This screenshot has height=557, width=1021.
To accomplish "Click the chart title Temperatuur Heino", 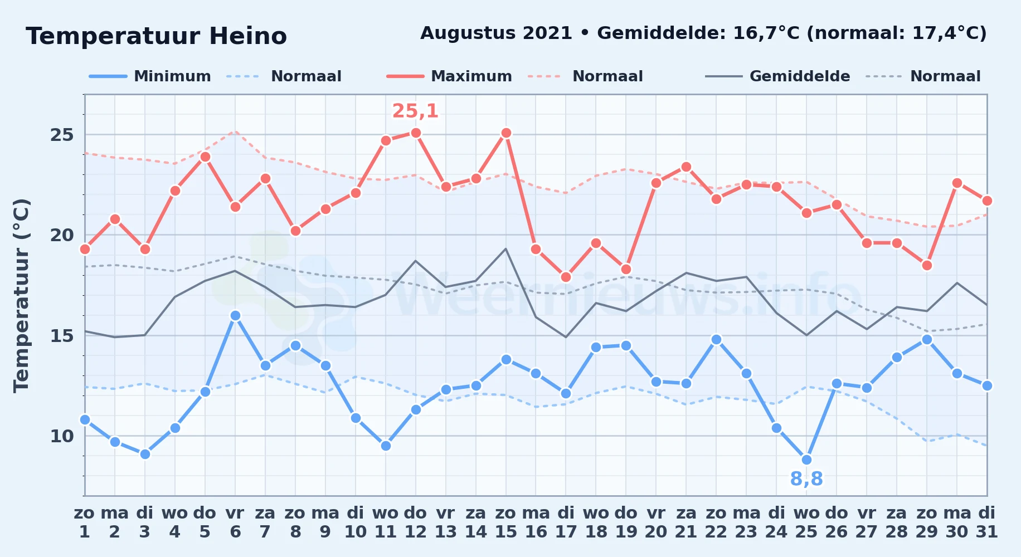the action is click(x=156, y=36).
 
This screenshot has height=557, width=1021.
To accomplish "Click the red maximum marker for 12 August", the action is click(x=416, y=133).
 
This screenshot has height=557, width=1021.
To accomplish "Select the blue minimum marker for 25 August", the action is click(x=806, y=460).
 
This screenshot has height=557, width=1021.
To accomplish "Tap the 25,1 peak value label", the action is click(x=416, y=111).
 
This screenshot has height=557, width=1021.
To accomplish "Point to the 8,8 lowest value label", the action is click(x=806, y=478).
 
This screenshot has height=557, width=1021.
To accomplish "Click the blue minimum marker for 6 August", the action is click(x=235, y=315).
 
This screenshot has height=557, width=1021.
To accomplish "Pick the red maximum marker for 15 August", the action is click(x=506, y=133).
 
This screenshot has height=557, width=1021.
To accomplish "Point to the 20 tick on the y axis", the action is click(x=62, y=235).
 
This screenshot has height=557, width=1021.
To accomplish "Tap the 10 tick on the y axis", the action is click(x=62, y=436).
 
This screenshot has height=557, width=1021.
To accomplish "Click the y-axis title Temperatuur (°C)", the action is click(x=21, y=295).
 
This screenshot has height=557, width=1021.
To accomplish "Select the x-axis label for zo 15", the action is click(x=506, y=522).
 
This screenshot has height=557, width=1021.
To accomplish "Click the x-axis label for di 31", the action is click(x=987, y=522).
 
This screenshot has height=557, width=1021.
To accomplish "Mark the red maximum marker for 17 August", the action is click(x=566, y=277).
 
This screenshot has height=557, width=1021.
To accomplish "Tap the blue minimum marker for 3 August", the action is click(x=145, y=454).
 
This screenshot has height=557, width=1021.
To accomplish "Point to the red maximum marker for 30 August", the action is click(x=957, y=183).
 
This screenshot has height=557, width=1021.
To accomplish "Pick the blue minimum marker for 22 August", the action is click(x=716, y=339).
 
